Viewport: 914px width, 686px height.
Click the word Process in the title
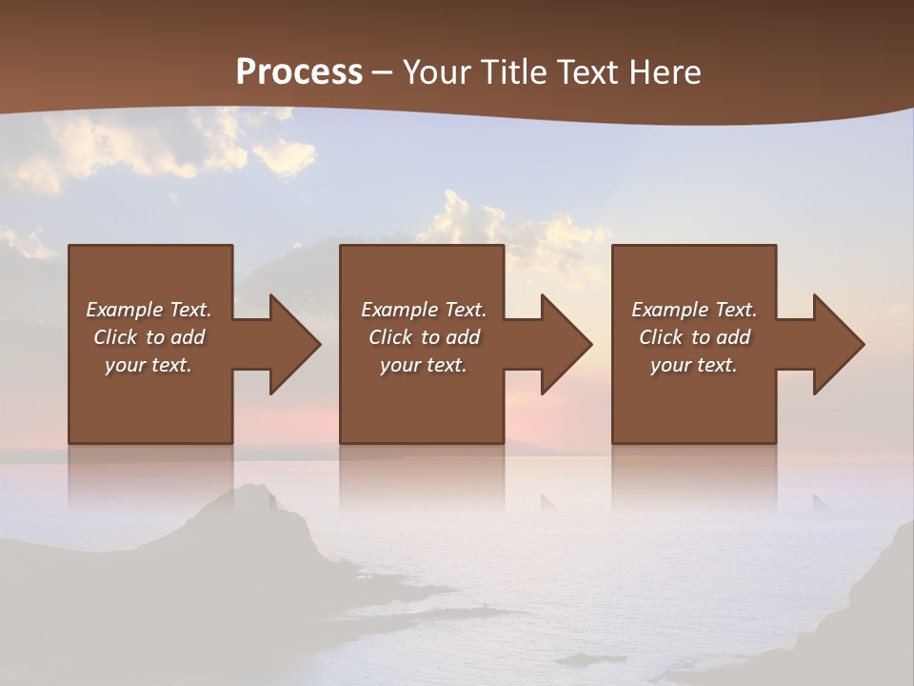[299, 72]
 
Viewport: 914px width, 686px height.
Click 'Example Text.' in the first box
[149, 310]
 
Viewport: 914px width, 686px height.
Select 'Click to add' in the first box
[149, 337]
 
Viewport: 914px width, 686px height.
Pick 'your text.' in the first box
[149, 365]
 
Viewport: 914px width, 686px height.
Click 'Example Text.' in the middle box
[424, 310]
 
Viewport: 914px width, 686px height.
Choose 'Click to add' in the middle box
[424, 337]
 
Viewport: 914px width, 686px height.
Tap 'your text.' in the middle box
[424, 365]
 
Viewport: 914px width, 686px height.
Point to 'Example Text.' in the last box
[694, 310]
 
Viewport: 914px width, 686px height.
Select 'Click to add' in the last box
[694, 337]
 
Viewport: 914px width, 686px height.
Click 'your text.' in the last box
[694, 365]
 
